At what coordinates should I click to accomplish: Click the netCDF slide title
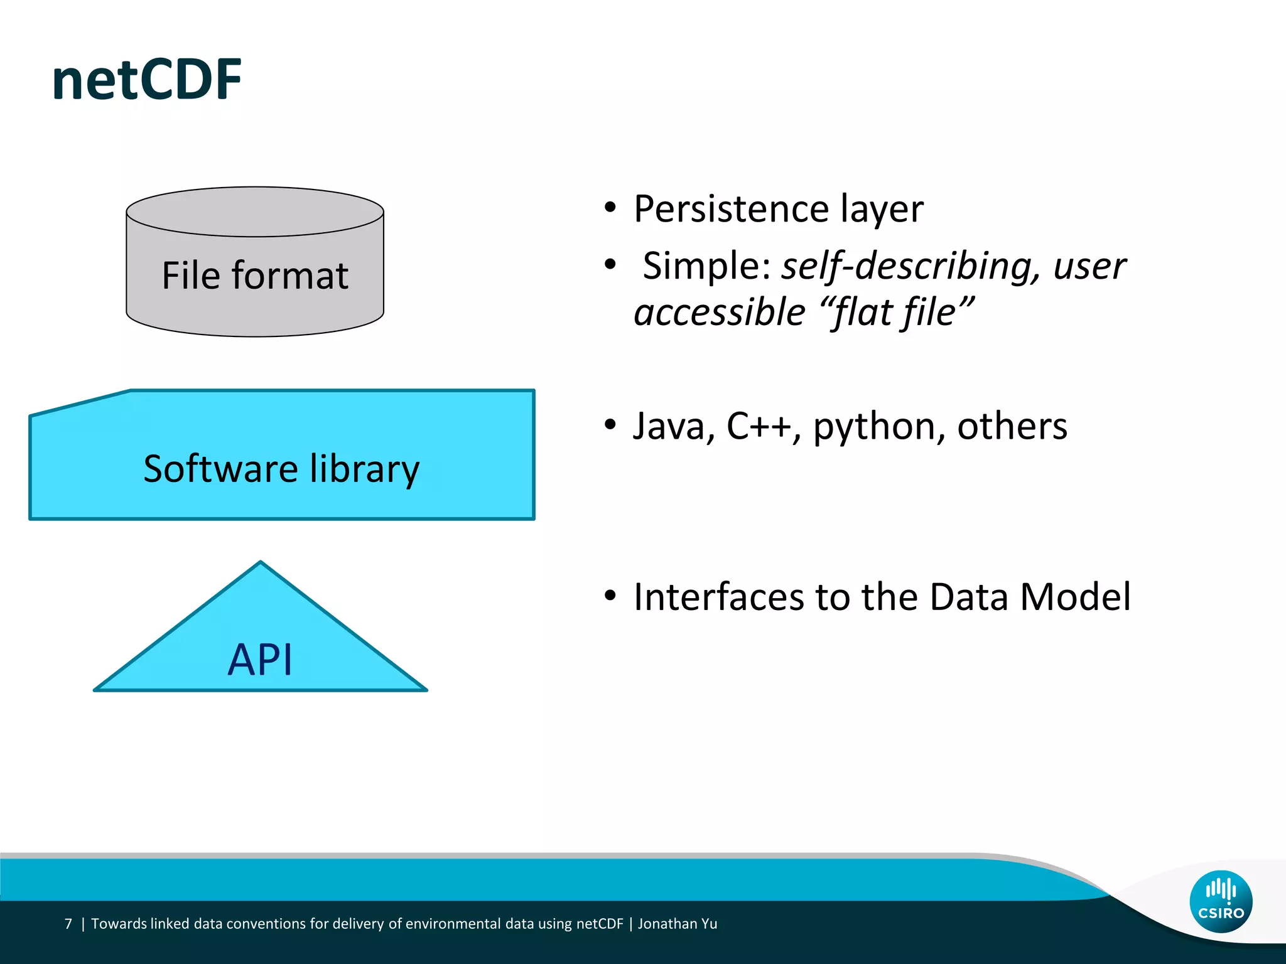[147, 80]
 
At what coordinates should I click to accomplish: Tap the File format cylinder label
[255, 276]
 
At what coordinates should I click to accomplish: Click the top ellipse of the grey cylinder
[255, 212]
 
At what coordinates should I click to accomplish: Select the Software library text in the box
[281, 469]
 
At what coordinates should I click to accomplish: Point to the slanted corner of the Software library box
[80, 403]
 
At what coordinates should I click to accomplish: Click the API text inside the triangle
[260, 660]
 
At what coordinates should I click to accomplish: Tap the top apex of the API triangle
[261, 563]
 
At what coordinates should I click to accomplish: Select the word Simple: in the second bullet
[706, 266]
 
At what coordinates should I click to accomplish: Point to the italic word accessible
[719, 313]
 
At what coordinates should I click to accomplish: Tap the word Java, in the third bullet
[674, 427]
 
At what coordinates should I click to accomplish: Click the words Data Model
[1030, 597]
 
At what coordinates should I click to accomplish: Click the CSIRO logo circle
[1221, 901]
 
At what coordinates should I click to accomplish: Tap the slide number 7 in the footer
[68, 924]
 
